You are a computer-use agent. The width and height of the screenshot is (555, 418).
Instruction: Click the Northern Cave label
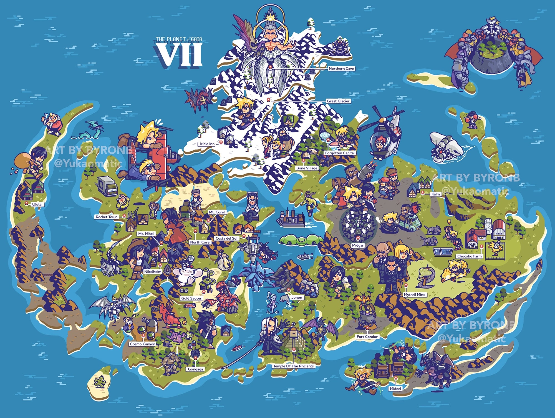point(341,69)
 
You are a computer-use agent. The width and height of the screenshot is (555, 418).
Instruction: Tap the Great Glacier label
point(338,101)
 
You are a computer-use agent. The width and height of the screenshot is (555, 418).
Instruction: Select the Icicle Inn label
point(207,144)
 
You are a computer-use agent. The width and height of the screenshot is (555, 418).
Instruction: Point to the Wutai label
point(37,204)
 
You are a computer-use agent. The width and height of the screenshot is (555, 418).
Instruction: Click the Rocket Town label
point(107,217)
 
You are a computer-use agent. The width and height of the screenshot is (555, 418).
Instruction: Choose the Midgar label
point(358,246)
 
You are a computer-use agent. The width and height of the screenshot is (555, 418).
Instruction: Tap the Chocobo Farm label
point(470,256)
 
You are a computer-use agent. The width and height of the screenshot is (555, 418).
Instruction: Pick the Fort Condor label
point(367,337)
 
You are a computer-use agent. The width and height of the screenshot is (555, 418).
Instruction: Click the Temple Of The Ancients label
point(293,366)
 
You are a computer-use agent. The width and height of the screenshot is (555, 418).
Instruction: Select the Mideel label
point(395,389)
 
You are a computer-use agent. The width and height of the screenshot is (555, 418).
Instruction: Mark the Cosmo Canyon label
point(143,344)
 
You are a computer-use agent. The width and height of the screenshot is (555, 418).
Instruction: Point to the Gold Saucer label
point(191,298)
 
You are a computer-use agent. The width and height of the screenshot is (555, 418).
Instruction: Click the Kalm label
point(435,194)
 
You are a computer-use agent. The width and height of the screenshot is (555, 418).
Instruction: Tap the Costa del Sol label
point(226,238)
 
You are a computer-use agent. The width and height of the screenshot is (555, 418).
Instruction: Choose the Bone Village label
point(307,168)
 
